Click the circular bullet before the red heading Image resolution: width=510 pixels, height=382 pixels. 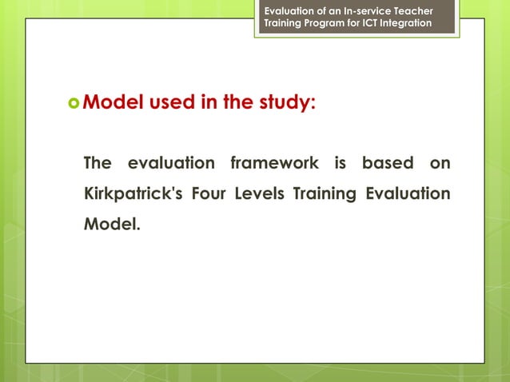pos(74,103)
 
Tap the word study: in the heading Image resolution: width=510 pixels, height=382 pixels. pos(282,102)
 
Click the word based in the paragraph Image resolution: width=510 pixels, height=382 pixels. pos(387,163)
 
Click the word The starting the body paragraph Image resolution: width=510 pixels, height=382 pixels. pos(98,163)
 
